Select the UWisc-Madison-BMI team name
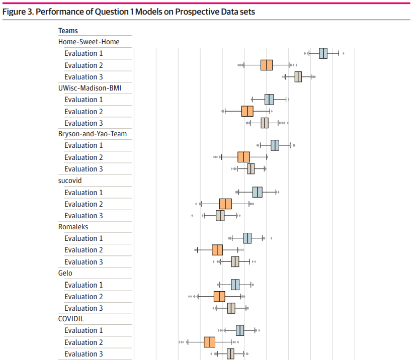pos(90,88)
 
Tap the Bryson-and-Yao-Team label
pos(93,134)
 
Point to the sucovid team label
pos(70,181)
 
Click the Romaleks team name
pos(73,227)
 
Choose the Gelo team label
pos(65,273)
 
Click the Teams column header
pos(68,31)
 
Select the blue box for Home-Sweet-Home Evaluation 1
pos(323,53)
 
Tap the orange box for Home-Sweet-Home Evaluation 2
pos(267,65)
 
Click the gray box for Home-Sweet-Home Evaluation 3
pos(298,77)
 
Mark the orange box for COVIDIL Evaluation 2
pos(210,342)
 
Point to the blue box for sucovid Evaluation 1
pos(257,192)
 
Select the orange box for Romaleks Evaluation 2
pos(217,250)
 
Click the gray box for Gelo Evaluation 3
pos(231,308)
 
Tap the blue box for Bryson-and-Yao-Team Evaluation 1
pos(275,145)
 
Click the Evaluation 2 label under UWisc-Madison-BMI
pos(83,112)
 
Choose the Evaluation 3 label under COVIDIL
pos(83,354)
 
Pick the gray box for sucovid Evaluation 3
pos(220,216)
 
